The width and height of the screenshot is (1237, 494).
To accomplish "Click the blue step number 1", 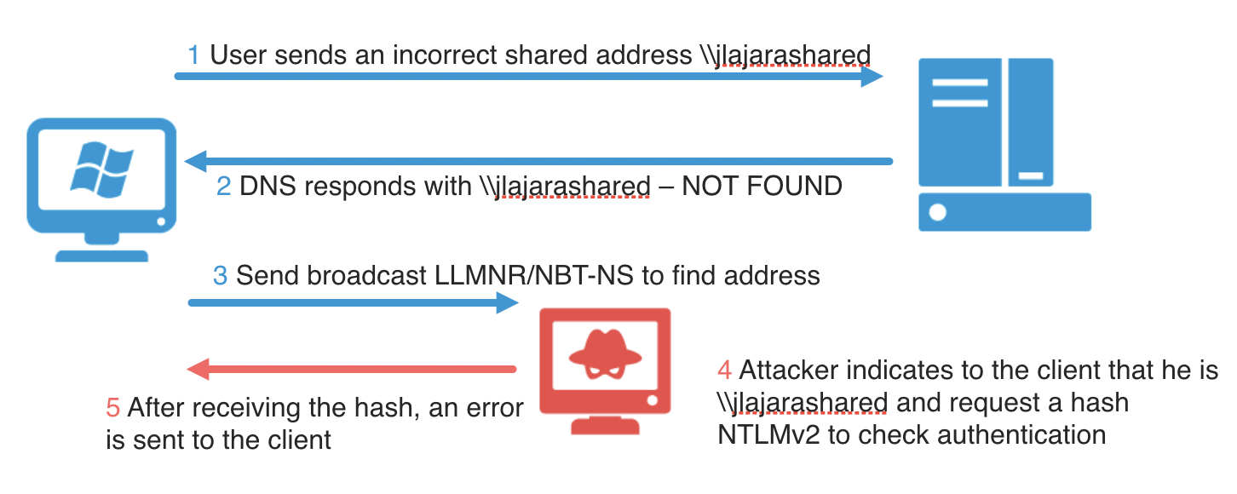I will tap(193, 56).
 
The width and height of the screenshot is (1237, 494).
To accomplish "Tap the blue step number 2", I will tap(224, 186).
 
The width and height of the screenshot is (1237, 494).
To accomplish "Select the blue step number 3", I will tap(221, 276).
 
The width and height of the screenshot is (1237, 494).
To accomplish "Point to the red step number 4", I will tap(725, 371).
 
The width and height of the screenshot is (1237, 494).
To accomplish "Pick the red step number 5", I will tap(112, 408).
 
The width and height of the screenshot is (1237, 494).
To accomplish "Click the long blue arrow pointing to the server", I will tap(528, 77).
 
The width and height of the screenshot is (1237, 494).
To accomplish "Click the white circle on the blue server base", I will tap(938, 212).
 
